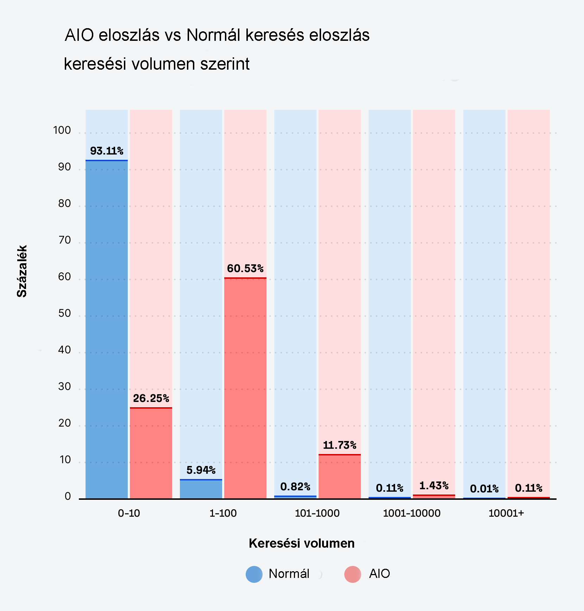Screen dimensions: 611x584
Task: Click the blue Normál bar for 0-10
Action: point(107,329)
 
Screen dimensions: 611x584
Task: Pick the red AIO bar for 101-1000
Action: point(339,477)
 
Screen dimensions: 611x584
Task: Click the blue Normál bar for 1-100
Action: point(201,489)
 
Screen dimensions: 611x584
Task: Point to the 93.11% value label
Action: point(107,151)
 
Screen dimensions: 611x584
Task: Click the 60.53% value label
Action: point(245,269)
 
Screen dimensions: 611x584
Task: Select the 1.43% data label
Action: point(434,486)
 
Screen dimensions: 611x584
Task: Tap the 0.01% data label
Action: point(484,489)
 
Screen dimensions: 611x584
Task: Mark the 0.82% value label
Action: point(295,487)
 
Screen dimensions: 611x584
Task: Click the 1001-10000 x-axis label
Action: point(412,513)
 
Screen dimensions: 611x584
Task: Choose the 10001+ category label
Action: point(506,513)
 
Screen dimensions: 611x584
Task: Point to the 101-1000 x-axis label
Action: point(317,513)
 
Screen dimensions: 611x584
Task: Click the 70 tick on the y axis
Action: point(64,240)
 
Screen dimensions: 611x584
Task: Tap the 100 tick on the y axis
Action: point(62,131)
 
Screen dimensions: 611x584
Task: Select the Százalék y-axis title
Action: point(22,271)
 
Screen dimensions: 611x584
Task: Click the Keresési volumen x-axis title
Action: point(301,543)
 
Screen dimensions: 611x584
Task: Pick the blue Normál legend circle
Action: point(254,574)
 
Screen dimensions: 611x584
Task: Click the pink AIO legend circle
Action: point(352,574)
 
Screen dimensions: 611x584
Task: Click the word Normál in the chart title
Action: point(213,35)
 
